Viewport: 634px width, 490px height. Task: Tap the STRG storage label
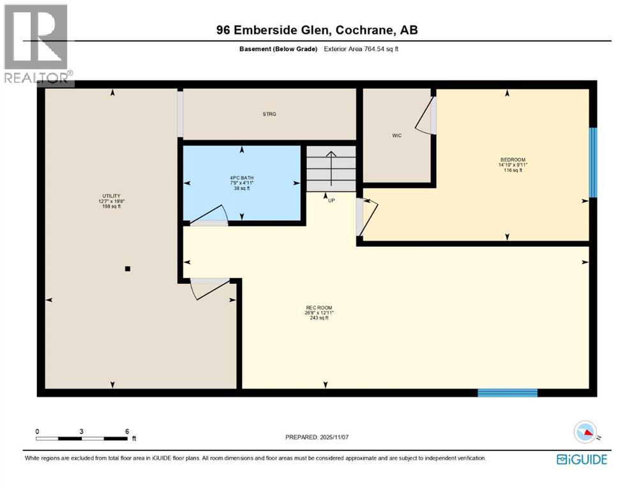tap(269, 114)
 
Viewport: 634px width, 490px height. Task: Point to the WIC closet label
tap(396, 135)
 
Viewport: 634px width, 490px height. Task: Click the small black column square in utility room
tap(128, 269)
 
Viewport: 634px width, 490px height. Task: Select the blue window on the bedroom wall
tap(592, 163)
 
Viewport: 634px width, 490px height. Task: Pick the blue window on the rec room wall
tap(508, 392)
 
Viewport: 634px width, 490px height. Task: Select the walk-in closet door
tap(426, 118)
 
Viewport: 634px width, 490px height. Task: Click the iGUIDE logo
tap(582, 459)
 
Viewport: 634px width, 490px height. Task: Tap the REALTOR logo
tap(37, 45)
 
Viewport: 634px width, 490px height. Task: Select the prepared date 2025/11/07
tap(319, 437)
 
